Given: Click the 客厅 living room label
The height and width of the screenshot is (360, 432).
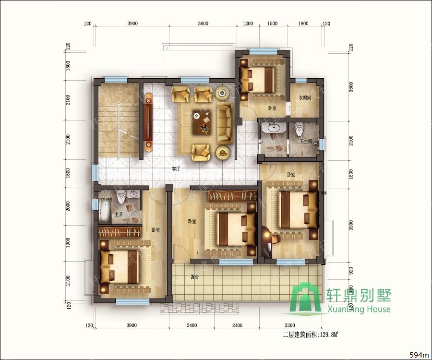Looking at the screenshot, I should coord(176,169).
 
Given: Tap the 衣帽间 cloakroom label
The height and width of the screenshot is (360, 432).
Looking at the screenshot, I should coord(305,98).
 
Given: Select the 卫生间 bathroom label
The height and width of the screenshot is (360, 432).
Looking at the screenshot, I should coord(306,141).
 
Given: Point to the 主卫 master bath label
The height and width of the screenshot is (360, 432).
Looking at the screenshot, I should coord(119,215).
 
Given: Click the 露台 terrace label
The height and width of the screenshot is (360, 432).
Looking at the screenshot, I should coord(195,277).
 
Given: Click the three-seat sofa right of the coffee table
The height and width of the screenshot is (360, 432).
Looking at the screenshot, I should coord(224,122).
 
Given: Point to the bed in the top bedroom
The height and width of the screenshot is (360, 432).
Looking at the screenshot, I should coord(258,79).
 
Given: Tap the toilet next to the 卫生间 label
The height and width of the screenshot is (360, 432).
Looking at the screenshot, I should coord(300,129).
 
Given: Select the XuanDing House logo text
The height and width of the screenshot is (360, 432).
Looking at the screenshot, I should coord(358,309).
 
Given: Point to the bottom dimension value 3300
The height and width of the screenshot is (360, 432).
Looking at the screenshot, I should coord(289,325).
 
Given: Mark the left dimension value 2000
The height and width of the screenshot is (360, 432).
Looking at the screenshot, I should coord(68,206).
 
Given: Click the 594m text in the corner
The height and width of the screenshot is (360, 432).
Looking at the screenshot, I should coord(419,355).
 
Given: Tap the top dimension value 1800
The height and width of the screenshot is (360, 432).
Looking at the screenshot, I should coord(303,24).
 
